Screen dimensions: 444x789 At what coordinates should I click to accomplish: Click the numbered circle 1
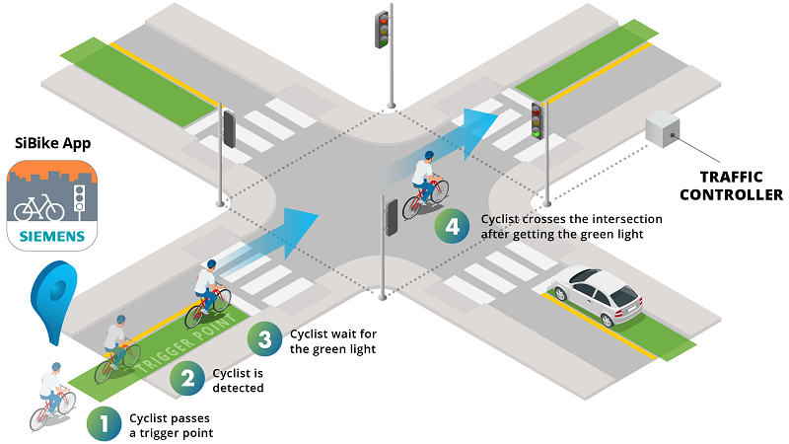105,423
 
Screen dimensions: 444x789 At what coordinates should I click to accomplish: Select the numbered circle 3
263,339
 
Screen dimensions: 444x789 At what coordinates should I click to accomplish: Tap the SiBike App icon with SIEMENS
52,205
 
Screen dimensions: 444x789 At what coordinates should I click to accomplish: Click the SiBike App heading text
52,143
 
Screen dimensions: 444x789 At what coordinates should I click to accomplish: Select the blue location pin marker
54,293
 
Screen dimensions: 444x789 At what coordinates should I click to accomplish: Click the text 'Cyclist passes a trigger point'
171,424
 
